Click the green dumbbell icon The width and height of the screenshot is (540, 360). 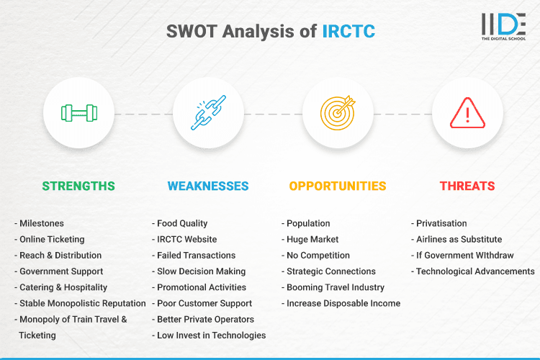[78, 113]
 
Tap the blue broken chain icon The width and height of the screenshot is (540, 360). [208, 113]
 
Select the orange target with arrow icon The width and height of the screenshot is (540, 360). [338, 113]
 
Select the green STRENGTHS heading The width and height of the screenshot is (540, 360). [78, 186]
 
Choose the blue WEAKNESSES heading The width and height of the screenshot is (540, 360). [208, 186]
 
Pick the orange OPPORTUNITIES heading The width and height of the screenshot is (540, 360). [338, 186]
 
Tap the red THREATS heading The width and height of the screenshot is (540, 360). [467, 186]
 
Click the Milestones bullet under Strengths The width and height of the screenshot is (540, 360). [42, 223]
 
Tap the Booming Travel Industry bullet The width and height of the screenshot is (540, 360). [336, 287]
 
